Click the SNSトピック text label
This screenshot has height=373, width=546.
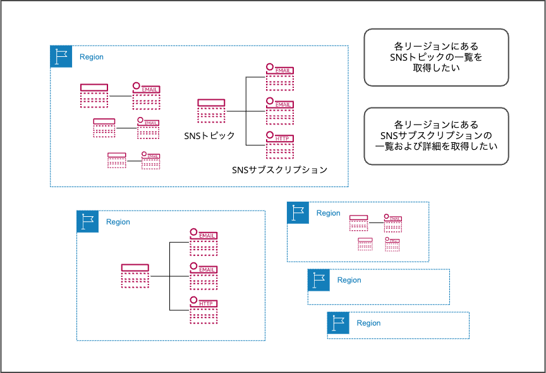click(209, 136)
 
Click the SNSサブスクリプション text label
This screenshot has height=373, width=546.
click(279, 169)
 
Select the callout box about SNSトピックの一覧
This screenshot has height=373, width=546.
click(436, 57)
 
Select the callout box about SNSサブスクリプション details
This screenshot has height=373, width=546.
click(436, 136)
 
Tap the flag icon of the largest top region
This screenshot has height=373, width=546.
click(61, 56)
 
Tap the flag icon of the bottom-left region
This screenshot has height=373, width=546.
click(88, 221)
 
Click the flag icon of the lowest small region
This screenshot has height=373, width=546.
click(338, 322)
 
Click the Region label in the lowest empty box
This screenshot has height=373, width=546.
click(368, 323)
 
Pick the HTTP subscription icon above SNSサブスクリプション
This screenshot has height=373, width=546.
click(279, 145)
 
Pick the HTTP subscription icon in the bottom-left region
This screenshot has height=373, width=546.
click(203, 310)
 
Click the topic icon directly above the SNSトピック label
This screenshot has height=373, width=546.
click(211, 111)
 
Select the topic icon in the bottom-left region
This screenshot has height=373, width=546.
click(135, 276)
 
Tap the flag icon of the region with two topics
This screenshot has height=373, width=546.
click(298, 213)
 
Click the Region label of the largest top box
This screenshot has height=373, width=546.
click(92, 57)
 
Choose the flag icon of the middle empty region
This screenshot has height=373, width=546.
click(318, 280)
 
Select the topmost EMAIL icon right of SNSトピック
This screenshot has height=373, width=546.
click(279, 76)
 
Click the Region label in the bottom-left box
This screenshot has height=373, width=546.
click(118, 222)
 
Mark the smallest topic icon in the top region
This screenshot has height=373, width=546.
click(116, 160)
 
